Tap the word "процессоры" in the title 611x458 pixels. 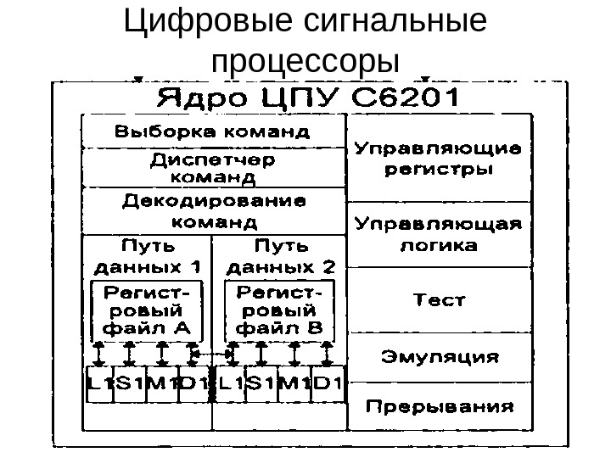(305, 61)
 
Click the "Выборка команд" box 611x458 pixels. (213, 132)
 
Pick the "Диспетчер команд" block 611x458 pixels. (213, 168)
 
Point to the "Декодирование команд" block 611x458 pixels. (213, 212)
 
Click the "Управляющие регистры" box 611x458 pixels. (437, 159)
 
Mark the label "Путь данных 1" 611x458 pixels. (146, 257)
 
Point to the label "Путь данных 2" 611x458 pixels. (280, 257)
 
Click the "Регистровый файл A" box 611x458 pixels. (146, 310)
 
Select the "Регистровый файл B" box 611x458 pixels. (279, 310)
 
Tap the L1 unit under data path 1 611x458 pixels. (98, 384)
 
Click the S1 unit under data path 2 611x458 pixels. (261, 384)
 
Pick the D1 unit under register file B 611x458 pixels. (328, 384)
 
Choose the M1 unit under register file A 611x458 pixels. (161, 384)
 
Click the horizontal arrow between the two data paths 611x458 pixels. (211, 350)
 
